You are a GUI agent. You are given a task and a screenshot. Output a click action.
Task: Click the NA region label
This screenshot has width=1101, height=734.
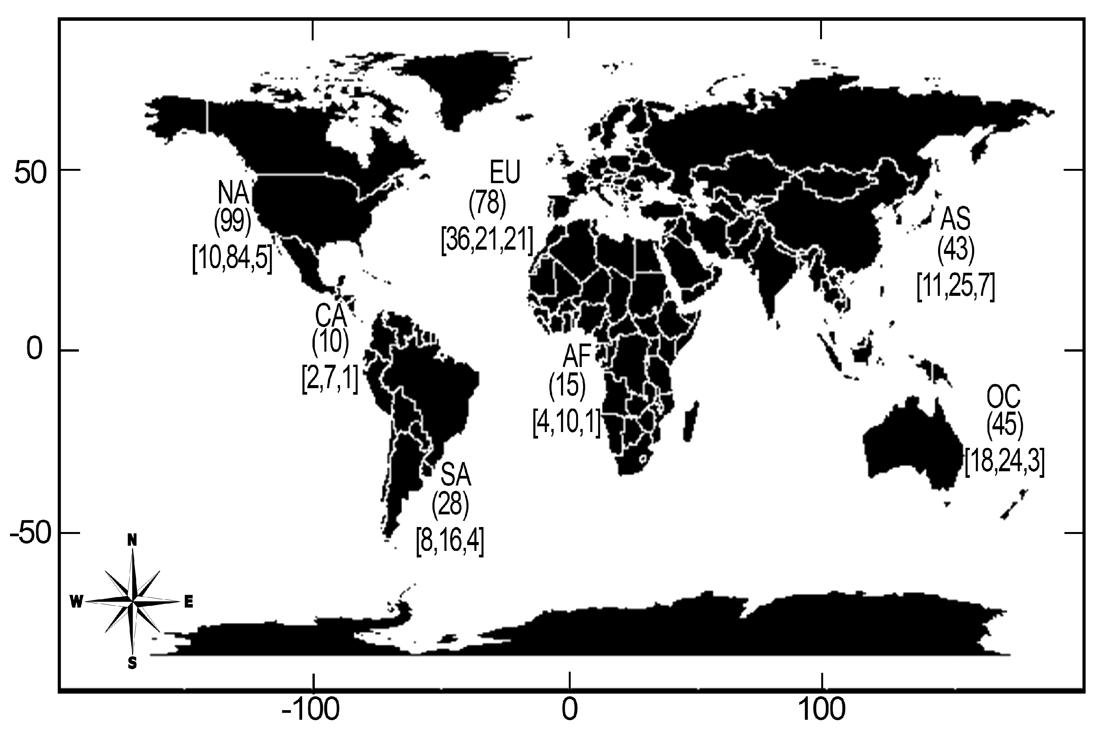tap(233, 192)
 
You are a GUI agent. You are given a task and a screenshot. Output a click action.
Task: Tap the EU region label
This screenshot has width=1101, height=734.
tap(505, 172)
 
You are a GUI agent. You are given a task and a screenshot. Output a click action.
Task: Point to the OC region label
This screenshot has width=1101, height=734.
tap(1004, 399)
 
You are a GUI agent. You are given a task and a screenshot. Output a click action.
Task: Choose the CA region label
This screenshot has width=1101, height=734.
tap(331, 316)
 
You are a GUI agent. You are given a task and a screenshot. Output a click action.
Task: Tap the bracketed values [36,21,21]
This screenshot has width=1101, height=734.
tap(487, 240)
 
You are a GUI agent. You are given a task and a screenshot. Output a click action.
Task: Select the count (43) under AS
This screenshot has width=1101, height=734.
tap(956, 250)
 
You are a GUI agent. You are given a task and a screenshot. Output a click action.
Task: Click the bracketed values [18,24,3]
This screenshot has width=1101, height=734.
tap(1004, 462)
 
